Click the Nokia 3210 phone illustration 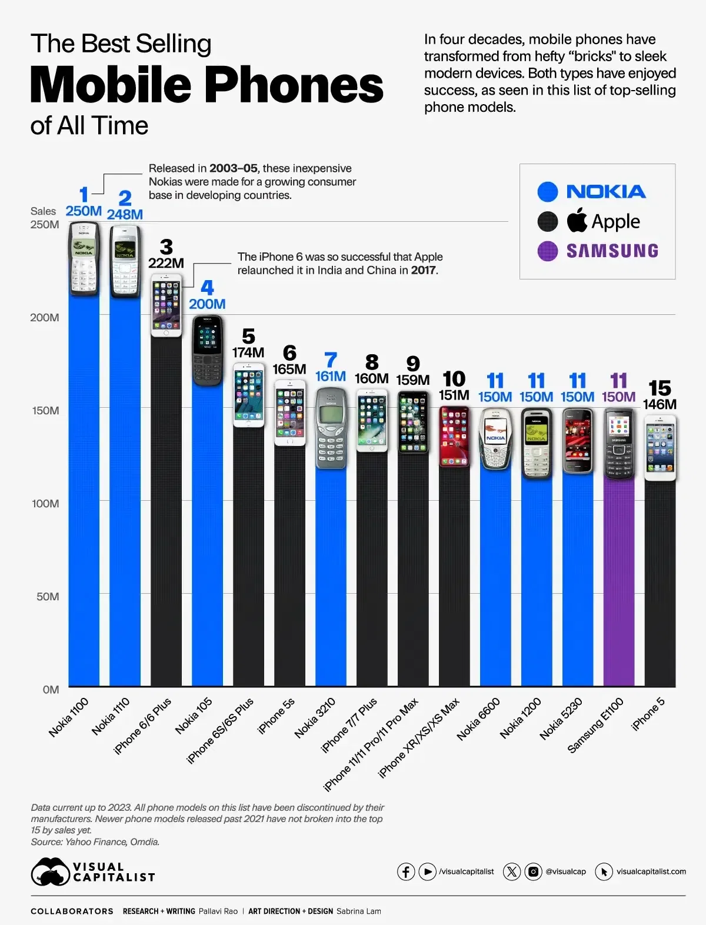(x=331, y=428)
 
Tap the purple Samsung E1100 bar (x=619, y=583)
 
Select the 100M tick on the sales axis (x=45, y=504)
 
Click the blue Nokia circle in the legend (x=547, y=192)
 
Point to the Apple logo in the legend (x=577, y=220)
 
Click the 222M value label (x=166, y=263)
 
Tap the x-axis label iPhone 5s (x=276, y=716)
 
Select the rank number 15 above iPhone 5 (x=660, y=388)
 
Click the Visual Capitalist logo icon (x=50, y=871)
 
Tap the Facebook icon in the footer (x=406, y=871)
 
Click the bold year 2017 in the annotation (x=424, y=271)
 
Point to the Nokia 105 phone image (x=207, y=351)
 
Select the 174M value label (x=248, y=352)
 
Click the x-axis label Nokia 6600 (x=478, y=718)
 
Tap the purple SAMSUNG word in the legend (x=612, y=251)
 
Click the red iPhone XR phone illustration (x=454, y=436)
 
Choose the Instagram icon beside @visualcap (x=533, y=871)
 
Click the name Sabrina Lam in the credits (x=359, y=911)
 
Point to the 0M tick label (x=51, y=690)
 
